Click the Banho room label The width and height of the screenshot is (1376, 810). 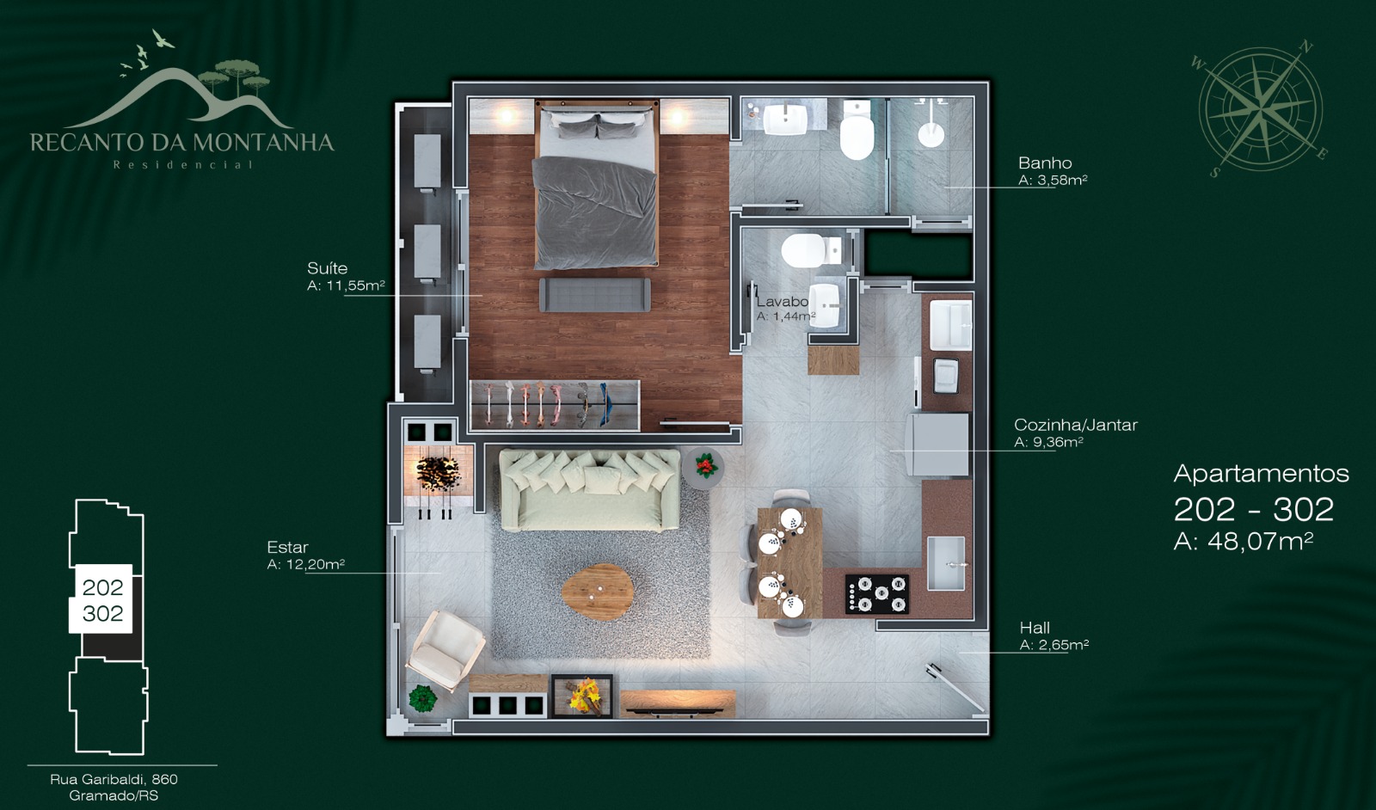pyautogui.click(x=1045, y=163)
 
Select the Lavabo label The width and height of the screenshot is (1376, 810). pyautogui.click(x=782, y=302)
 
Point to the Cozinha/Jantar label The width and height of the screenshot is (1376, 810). pyautogui.click(x=1076, y=425)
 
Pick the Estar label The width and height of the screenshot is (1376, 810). pyautogui.click(x=287, y=547)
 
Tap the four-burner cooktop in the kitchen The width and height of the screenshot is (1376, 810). pyautogui.click(x=877, y=594)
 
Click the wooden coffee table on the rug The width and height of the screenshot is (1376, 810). pyautogui.click(x=598, y=592)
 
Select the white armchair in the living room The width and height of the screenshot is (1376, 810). pyautogui.click(x=445, y=650)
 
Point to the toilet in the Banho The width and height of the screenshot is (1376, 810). pyautogui.click(x=857, y=130)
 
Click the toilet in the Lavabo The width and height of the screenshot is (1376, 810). pyautogui.click(x=811, y=250)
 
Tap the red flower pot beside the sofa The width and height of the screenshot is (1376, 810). pyautogui.click(x=705, y=467)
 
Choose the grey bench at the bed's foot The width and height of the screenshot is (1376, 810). pyautogui.click(x=594, y=295)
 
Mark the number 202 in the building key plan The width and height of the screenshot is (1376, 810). pyautogui.click(x=102, y=587)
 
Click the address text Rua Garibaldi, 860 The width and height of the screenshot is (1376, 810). pyautogui.click(x=114, y=779)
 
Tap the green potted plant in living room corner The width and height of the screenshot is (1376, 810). pyautogui.click(x=422, y=697)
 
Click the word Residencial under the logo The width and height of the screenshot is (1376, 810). pyautogui.click(x=183, y=164)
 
